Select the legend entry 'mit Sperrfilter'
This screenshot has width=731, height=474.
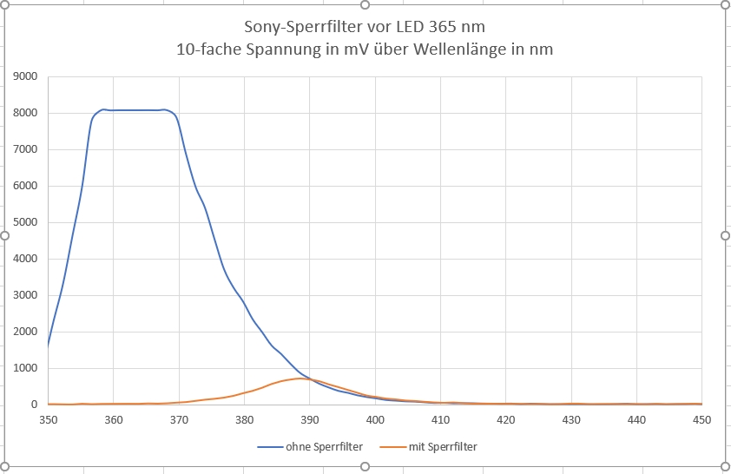tap(443, 447)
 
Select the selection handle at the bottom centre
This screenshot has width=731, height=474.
tap(365, 467)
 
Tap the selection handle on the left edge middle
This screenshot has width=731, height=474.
tap(4, 235)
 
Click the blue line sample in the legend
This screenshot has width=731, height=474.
tap(270, 447)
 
